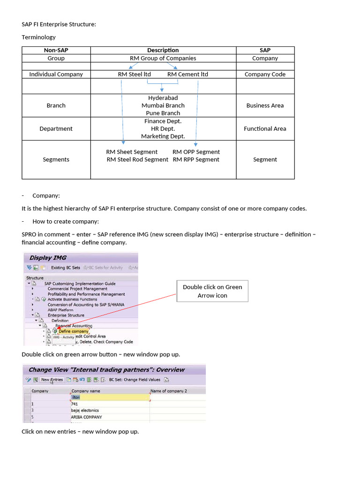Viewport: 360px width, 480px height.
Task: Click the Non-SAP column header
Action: coord(56,50)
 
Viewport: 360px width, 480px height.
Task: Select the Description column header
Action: coord(163,50)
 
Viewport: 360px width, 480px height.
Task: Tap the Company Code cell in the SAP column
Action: coord(265,74)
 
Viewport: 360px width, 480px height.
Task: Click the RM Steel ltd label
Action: coord(134,74)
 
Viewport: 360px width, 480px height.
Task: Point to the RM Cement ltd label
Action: coord(187,74)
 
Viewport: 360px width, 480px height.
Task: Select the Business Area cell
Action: coord(265,105)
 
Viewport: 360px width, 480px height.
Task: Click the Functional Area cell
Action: coord(265,128)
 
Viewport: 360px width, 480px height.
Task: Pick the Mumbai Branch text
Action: coord(163,105)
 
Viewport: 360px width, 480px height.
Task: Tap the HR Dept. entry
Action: coord(163,128)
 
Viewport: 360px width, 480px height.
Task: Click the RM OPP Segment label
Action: coord(196,152)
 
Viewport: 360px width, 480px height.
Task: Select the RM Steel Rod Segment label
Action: coord(137,159)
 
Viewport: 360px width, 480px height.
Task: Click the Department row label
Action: coord(56,128)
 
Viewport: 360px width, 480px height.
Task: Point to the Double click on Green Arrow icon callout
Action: coord(212,291)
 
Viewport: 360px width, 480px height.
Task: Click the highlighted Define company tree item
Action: coord(73,331)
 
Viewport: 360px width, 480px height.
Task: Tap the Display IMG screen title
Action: coord(48,257)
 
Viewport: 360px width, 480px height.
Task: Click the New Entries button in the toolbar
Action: coord(52,380)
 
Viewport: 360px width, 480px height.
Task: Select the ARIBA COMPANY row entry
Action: coord(86,417)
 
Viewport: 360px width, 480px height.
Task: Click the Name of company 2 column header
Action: coord(169,390)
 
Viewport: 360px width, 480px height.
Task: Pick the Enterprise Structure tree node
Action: coord(66,315)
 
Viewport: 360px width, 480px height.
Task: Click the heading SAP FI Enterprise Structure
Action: coord(59,24)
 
